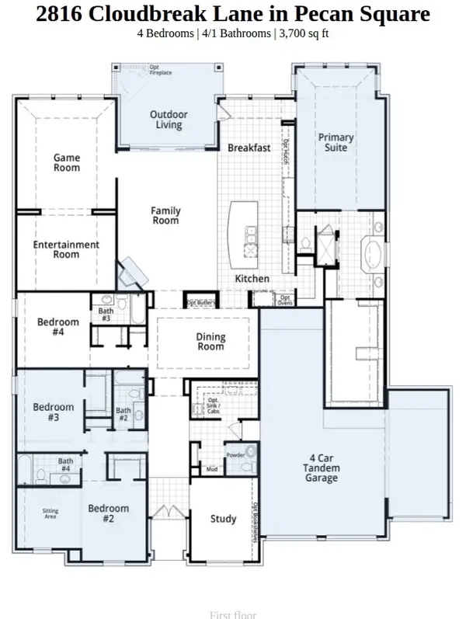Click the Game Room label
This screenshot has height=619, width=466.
tap(67, 162)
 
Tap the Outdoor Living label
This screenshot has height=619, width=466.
tap(169, 120)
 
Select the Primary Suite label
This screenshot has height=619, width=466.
tap(336, 143)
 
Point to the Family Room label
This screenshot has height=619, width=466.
tap(165, 215)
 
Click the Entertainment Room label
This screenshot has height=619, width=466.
tap(66, 249)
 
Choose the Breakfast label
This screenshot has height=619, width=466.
tap(249, 148)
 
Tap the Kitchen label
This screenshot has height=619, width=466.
tap(252, 279)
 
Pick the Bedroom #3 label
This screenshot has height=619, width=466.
tap(54, 412)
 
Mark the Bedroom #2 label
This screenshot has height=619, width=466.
tap(108, 514)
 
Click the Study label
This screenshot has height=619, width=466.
tap(224, 519)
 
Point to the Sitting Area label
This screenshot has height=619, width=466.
tap(50, 513)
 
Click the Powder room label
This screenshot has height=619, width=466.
tap(235, 454)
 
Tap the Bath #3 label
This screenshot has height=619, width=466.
tap(106, 315)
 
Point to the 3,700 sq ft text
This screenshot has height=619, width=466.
tap(303, 34)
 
